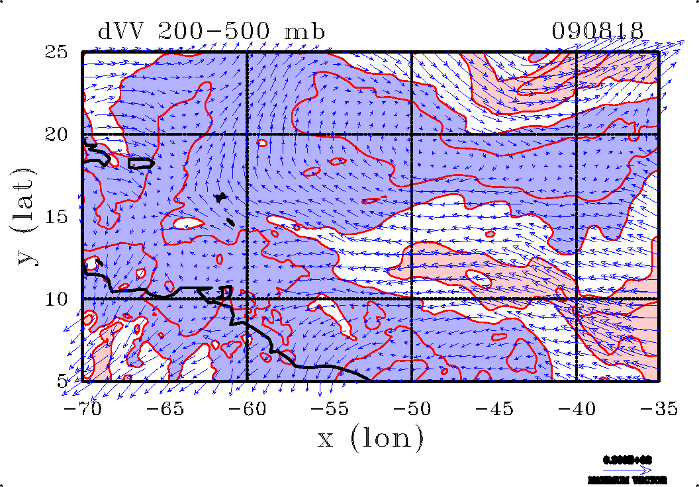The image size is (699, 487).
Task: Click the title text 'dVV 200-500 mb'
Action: [211, 31]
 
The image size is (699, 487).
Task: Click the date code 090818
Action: [598, 31]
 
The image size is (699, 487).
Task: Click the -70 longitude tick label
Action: [82, 409]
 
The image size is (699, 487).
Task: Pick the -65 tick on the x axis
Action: [165, 409]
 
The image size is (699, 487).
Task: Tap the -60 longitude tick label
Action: [247, 409]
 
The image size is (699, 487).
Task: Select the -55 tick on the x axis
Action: [330, 409]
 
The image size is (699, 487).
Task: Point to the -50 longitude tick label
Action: [412, 409]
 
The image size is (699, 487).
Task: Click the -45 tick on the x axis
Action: [494, 409]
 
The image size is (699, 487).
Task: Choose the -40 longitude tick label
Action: [577, 409]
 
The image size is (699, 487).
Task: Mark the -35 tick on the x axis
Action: [659, 409]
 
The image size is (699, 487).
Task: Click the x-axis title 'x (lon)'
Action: [370, 438]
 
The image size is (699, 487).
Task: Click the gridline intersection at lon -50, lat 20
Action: [412, 134]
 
